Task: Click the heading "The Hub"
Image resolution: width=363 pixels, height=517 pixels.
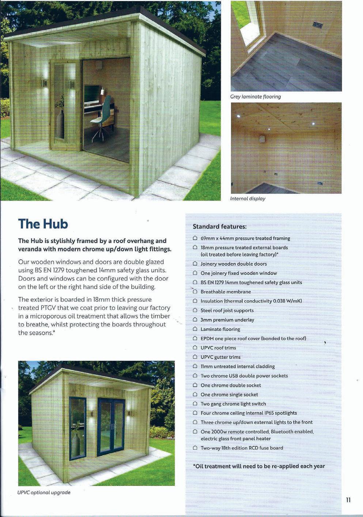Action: tap(43, 224)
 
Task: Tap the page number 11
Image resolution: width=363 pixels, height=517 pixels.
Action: tap(348, 500)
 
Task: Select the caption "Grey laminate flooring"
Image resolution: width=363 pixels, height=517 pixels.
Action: tap(255, 97)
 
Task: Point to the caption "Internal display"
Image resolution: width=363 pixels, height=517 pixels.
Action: tap(247, 199)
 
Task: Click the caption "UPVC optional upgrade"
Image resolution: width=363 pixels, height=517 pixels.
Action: tap(44, 492)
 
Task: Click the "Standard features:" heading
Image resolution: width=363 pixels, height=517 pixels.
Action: tap(219, 227)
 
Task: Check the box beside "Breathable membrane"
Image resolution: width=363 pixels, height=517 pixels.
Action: tap(195, 292)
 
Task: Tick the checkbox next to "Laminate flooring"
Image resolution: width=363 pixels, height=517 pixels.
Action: tap(195, 329)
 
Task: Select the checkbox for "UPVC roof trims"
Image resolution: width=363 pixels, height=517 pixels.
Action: tap(195, 348)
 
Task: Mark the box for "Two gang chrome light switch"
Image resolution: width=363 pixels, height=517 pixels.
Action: tap(195, 404)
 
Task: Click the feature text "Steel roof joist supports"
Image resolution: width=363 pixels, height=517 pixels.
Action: tap(227, 310)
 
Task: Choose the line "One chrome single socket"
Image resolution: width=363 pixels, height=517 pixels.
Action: tap(229, 394)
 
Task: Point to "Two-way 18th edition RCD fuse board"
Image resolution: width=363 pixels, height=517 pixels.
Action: tap(242, 448)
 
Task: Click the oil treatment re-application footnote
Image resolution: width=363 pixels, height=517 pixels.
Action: tap(258, 466)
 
